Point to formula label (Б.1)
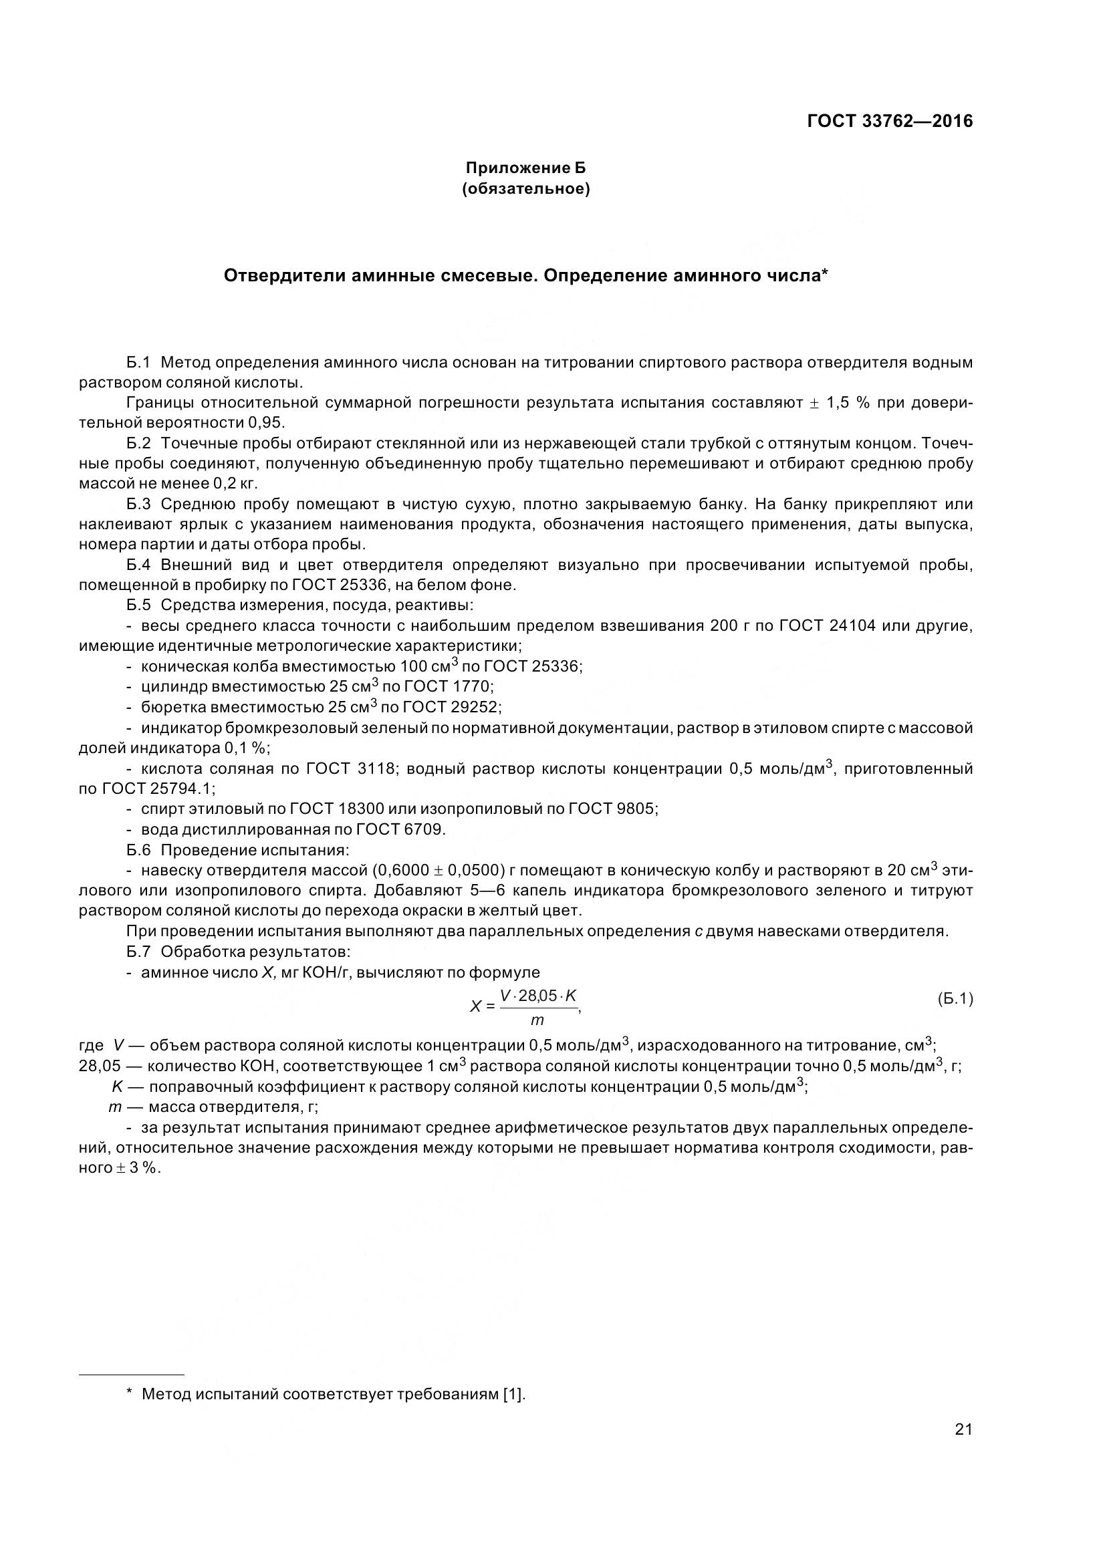(x=955, y=998)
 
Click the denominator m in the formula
(x=537, y=1020)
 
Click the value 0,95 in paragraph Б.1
(x=265, y=422)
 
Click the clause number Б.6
(x=138, y=849)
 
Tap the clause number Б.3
(x=138, y=504)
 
